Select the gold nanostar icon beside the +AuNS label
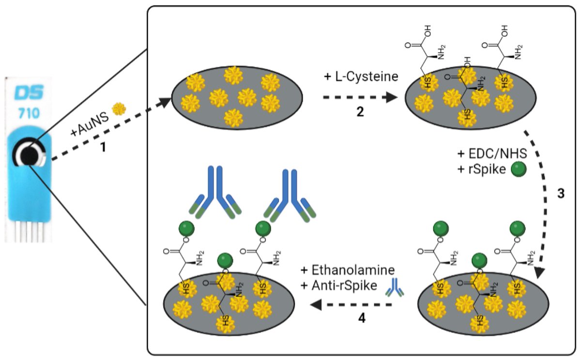(x=118, y=109)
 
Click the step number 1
(x=103, y=146)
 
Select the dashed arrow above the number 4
(x=351, y=305)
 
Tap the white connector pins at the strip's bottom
(x=26, y=230)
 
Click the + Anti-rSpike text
(x=338, y=285)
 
